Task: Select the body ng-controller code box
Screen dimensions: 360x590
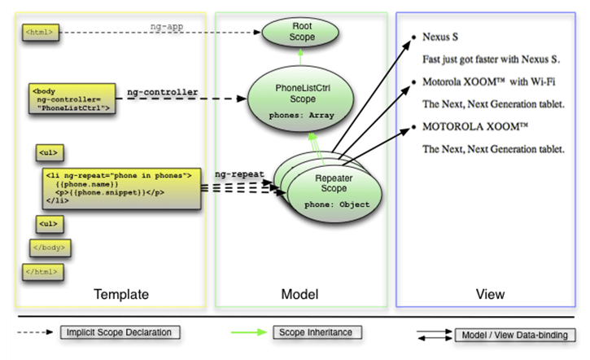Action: click(x=72, y=98)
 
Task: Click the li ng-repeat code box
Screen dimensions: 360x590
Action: click(x=120, y=190)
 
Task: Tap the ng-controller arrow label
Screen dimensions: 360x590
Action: click(x=163, y=92)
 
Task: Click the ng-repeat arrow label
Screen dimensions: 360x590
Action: click(x=237, y=174)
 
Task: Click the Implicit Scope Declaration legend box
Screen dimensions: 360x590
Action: click(x=120, y=332)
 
